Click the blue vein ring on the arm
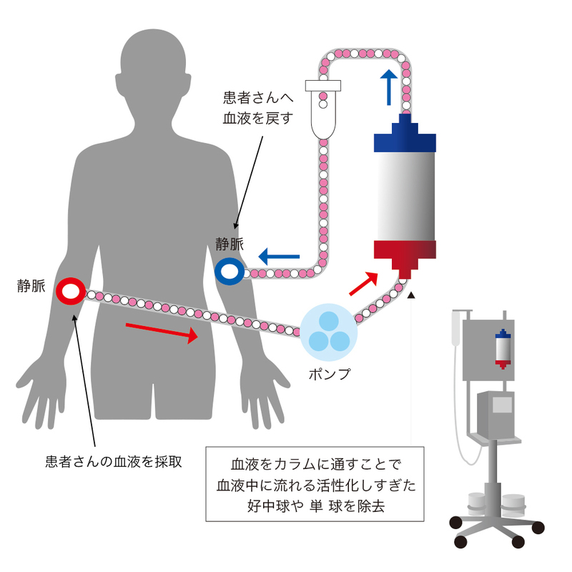click(230, 271)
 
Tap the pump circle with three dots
click(328, 330)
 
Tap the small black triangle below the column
click(412, 294)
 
